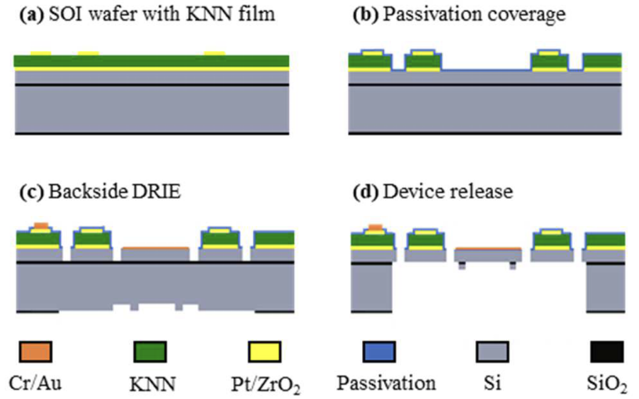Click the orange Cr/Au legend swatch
click(x=35, y=351)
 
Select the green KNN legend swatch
click(x=150, y=351)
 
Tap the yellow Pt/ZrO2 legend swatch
click(x=264, y=351)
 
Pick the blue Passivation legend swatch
click(x=379, y=351)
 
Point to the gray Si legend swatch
click(x=492, y=351)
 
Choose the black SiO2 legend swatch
click(x=607, y=351)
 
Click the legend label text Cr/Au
click(x=35, y=383)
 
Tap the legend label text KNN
click(x=153, y=384)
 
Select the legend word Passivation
click(x=386, y=383)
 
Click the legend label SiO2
click(x=607, y=384)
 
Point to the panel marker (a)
click(x=32, y=15)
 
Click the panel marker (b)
click(x=366, y=15)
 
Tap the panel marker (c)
click(x=32, y=192)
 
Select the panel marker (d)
click(x=366, y=192)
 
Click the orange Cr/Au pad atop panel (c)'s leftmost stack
click(x=41, y=226)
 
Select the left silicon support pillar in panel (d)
click(x=372, y=287)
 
